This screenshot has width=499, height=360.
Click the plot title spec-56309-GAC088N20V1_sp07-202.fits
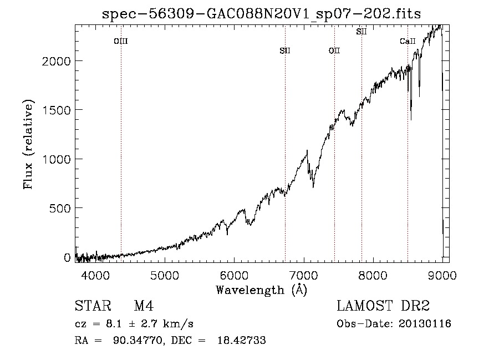pos(261,14)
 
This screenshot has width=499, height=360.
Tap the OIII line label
pos(121,42)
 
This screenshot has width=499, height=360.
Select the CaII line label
pos(408,42)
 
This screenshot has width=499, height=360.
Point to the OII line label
pos(334,51)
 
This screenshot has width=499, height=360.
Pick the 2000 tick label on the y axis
pos(57,61)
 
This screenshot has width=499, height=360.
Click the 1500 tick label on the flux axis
pos(57,110)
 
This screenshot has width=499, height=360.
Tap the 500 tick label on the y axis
pos(60,209)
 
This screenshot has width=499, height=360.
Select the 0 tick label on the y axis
pos(67,257)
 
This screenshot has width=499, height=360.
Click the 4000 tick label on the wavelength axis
pos(95,275)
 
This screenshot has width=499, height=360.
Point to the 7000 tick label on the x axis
pos(304,275)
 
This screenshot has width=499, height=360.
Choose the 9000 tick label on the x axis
pos(442,275)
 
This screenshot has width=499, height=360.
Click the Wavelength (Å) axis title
pos(262,290)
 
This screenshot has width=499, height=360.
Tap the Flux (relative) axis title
pos(28,144)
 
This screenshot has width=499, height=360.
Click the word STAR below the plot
pos(93,306)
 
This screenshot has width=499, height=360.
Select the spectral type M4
pos(144,306)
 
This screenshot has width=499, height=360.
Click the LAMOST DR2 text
pos(383,306)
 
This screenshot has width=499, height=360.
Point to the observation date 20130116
pos(425,324)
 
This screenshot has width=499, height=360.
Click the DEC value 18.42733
pos(242,340)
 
